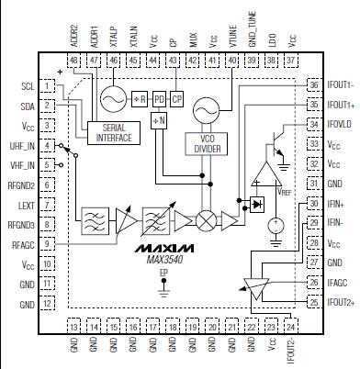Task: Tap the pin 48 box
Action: (x=73, y=59)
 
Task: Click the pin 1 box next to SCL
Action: (x=47, y=85)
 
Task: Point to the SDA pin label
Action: (x=26, y=106)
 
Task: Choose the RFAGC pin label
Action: (x=22, y=244)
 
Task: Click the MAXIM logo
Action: (x=163, y=249)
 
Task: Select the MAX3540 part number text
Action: (x=163, y=263)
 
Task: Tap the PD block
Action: (x=159, y=98)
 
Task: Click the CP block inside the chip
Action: (x=178, y=98)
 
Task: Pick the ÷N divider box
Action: (x=159, y=121)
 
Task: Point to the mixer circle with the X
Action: (x=207, y=223)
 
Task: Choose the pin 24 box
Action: (x=292, y=326)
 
